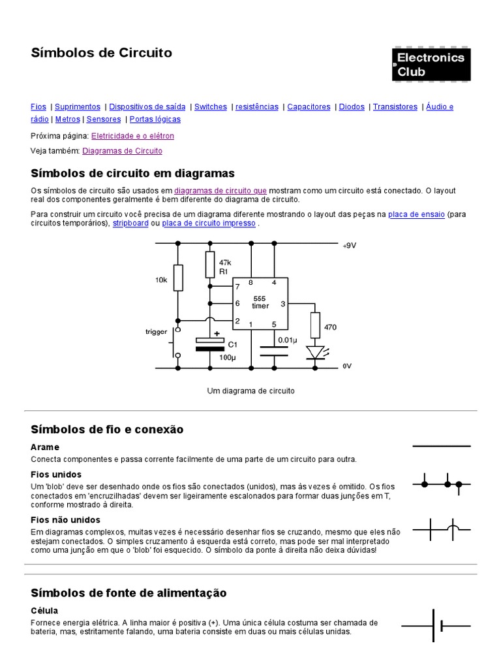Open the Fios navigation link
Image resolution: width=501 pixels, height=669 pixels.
click(38, 106)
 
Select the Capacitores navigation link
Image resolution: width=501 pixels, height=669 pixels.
click(309, 106)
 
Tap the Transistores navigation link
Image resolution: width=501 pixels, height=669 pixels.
click(395, 106)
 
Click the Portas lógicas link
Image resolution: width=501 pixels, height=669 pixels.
click(155, 120)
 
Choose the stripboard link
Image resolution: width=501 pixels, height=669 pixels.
click(130, 223)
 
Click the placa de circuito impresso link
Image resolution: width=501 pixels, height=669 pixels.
click(209, 223)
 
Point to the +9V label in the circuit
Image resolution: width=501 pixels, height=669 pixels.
click(350, 246)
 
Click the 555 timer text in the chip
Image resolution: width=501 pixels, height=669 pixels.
click(260, 302)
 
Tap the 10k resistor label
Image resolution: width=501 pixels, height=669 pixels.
click(161, 280)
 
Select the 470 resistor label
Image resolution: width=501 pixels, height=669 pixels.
click(330, 327)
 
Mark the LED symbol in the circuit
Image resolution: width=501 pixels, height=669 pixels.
click(315, 353)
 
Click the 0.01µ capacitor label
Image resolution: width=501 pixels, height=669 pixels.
click(287, 340)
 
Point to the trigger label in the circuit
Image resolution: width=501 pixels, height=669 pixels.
click(156, 332)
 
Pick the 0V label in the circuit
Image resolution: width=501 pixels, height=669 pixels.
click(347, 367)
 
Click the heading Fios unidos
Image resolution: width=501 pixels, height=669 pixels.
click(56, 474)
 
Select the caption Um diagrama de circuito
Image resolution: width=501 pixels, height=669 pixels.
click(250, 391)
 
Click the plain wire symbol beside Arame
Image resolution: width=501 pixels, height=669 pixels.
click(441, 446)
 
